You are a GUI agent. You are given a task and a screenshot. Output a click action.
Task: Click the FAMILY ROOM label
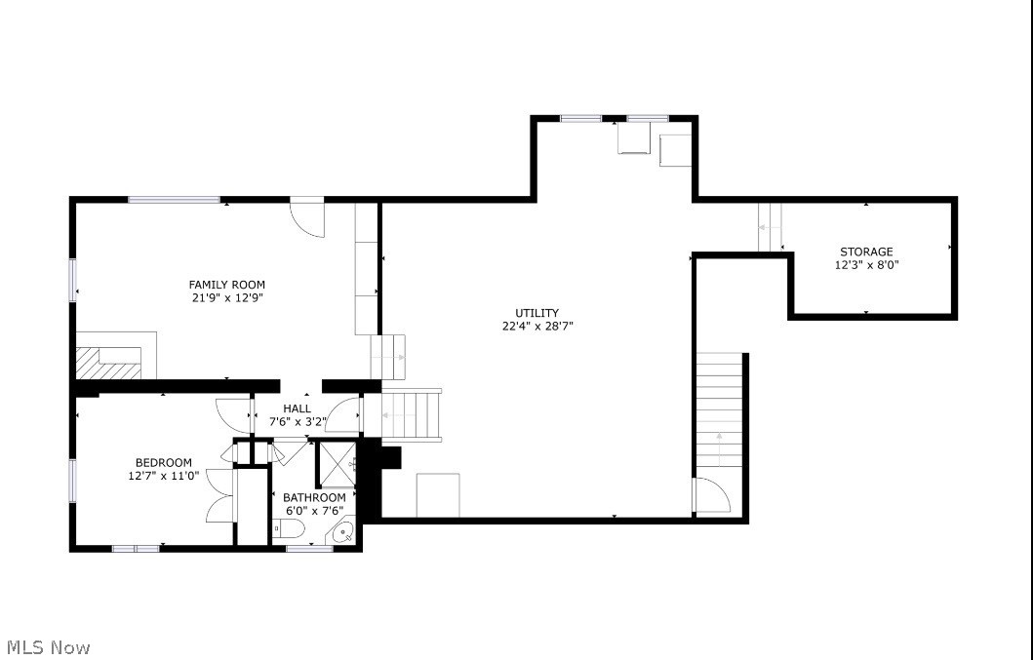(x=227, y=285)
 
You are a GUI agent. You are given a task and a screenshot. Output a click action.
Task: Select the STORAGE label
(x=866, y=252)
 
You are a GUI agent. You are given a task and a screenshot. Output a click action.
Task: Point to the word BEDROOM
(x=163, y=462)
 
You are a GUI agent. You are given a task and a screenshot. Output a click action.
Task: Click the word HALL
(x=298, y=408)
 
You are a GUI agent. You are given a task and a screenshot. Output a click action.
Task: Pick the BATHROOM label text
(x=314, y=497)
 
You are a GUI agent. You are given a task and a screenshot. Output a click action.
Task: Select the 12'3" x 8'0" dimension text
(x=866, y=264)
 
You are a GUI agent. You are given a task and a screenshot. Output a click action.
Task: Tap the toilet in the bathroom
(x=289, y=529)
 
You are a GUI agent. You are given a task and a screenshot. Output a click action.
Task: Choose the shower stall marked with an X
(x=338, y=463)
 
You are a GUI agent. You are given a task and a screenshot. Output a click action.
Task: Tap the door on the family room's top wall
(x=307, y=216)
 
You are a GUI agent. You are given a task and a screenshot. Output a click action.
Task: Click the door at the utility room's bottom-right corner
(x=710, y=495)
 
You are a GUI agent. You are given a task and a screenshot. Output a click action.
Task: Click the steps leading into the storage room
(x=771, y=227)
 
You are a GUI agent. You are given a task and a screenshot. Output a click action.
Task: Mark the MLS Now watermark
(x=49, y=647)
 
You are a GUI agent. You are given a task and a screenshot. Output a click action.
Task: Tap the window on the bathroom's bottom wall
(x=310, y=549)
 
